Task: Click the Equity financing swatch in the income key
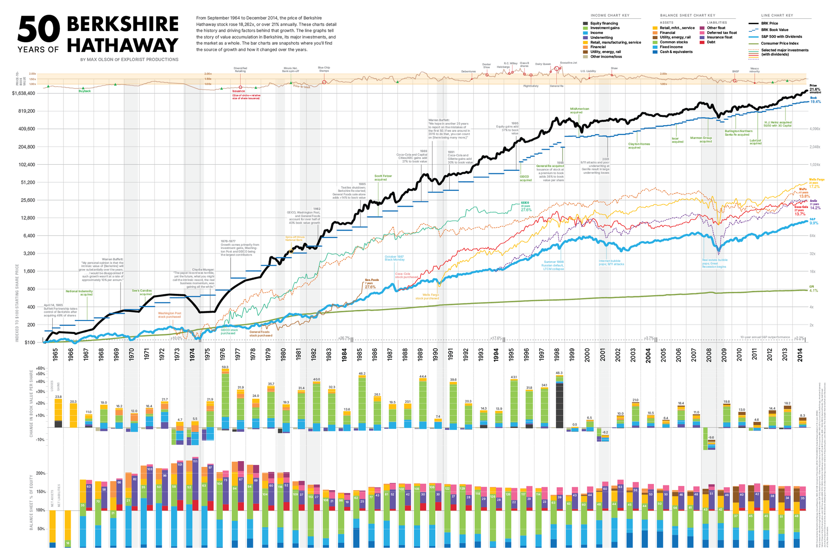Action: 586,23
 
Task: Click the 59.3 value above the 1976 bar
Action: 225,367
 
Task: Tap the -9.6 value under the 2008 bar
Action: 711,437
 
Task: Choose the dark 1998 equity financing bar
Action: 559,405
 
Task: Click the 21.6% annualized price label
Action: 815,89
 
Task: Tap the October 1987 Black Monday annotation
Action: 394,258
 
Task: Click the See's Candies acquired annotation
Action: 141,292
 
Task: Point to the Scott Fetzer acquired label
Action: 383,177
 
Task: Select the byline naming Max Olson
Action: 129,60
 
